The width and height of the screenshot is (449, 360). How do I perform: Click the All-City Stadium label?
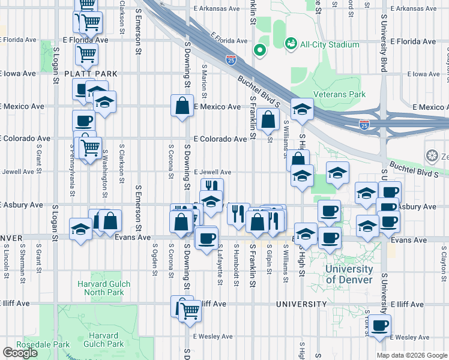330,44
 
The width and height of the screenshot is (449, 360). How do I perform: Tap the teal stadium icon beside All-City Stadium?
291,44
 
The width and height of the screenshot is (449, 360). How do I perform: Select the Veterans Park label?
342,94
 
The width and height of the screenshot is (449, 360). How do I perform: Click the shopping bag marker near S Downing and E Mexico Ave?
182,106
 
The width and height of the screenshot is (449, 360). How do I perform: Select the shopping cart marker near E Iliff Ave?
190,311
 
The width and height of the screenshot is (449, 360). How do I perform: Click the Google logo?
20,353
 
